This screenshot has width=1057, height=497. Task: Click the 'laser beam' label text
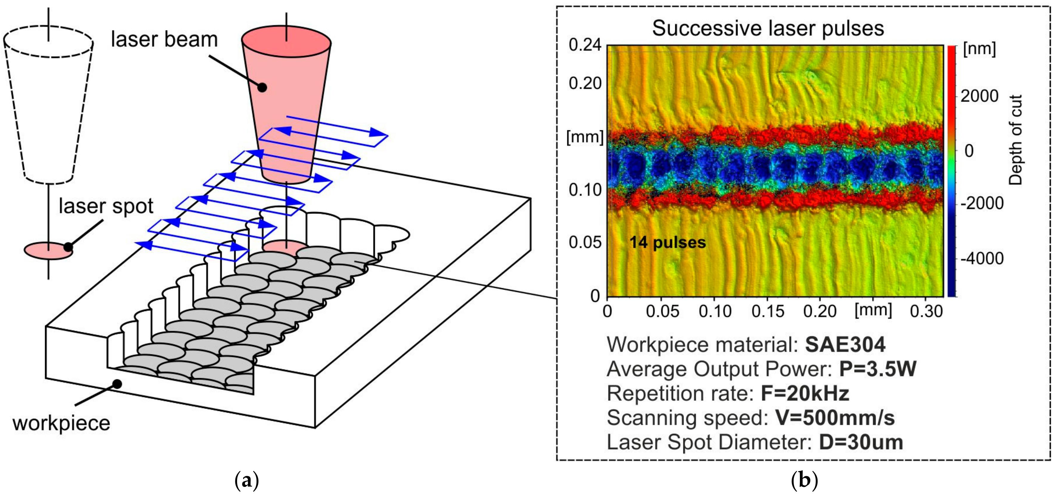(x=164, y=40)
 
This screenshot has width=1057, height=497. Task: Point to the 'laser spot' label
(x=106, y=206)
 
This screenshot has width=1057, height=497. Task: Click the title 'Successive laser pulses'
(x=768, y=28)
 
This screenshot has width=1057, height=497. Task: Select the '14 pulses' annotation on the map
(x=667, y=242)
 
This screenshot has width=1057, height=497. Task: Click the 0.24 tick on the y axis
(x=585, y=45)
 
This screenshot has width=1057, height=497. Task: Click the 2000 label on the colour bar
(x=979, y=96)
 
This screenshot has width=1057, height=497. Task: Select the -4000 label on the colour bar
(x=982, y=258)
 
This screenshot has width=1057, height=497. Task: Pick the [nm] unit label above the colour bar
(x=979, y=49)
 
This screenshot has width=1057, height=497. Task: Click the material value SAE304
(x=845, y=345)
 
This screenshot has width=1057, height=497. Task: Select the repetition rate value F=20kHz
(x=805, y=393)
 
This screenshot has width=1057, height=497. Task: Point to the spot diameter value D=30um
(x=861, y=442)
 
